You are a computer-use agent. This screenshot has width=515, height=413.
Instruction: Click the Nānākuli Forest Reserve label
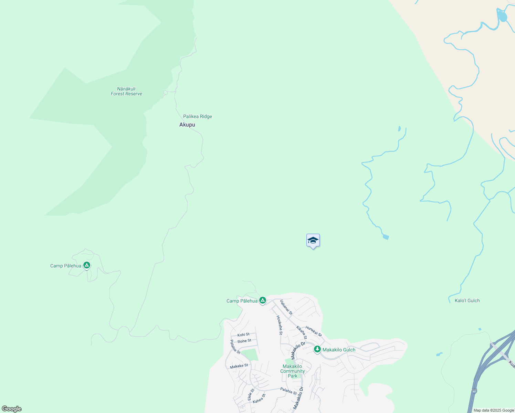(x=126, y=91)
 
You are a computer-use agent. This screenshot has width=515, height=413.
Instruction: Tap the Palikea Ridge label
(x=198, y=116)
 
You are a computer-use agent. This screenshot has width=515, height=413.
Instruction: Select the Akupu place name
(x=187, y=125)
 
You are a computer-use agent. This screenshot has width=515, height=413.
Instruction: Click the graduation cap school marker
(x=313, y=241)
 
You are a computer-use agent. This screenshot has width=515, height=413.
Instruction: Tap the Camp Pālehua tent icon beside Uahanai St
(x=263, y=300)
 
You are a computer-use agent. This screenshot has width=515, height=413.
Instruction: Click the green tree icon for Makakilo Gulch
(x=317, y=349)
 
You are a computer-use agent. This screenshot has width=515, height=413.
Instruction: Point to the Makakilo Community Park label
(x=293, y=371)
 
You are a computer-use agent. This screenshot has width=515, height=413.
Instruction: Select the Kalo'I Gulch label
(x=467, y=300)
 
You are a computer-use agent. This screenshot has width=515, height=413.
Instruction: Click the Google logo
(x=12, y=409)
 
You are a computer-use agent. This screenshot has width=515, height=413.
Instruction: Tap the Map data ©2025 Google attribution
(x=493, y=410)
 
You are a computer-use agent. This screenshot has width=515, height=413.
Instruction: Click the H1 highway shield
(x=474, y=391)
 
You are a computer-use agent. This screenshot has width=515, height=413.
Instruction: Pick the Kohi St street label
(x=243, y=335)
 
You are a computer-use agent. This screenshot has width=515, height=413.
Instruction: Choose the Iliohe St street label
(x=244, y=341)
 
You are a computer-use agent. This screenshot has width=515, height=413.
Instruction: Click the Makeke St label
(x=239, y=366)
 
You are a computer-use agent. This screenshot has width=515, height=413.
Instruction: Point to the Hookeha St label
(x=279, y=325)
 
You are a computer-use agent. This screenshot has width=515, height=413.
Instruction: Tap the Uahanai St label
(x=286, y=307)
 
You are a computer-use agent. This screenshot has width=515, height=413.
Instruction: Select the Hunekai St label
(x=314, y=331)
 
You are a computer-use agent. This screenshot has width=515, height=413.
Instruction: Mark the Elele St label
(x=251, y=394)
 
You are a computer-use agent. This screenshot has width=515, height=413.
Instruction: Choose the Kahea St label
(x=259, y=399)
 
